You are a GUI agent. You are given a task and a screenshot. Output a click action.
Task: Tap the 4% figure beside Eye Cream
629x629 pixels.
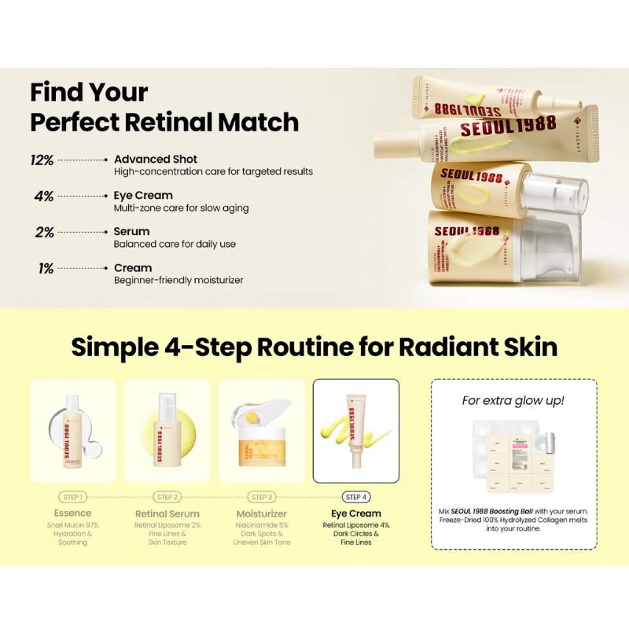coord(44,197)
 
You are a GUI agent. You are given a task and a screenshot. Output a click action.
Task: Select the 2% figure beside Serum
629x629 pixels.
coord(44,233)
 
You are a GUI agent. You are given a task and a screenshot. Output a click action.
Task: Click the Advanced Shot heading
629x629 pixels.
coord(156,159)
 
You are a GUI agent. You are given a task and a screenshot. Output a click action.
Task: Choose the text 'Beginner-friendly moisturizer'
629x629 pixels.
coord(178,281)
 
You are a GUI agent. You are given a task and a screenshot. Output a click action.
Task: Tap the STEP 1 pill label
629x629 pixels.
coord(72,498)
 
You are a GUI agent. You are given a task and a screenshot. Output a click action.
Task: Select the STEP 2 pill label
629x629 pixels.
coord(167,498)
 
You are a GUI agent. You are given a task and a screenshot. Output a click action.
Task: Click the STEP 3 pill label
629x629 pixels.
coord(261,498)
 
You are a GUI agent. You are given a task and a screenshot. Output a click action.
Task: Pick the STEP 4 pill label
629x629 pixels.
coord(355,498)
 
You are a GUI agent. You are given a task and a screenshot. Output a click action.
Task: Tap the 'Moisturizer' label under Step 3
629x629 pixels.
coord(261,514)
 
